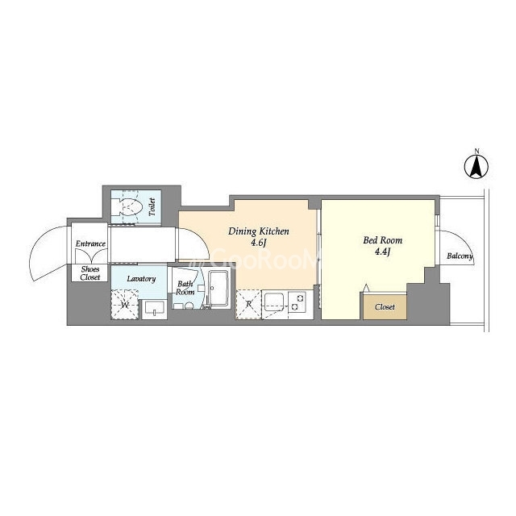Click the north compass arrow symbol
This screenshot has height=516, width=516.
tap(476, 167)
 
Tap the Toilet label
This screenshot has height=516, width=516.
tap(152, 207)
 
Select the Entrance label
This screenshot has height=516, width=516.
tap(90, 243)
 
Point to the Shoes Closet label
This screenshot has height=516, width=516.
tap(90, 273)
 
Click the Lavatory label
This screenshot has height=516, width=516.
tap(141, 279)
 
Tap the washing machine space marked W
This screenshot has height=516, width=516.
tap(125, 305)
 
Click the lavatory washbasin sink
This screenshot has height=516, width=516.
tap(154, 309)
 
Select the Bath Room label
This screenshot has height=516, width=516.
tap(185, 288)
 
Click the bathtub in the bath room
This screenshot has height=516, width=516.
tap(218, 289)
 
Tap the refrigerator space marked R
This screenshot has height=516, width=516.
tap(248, 305)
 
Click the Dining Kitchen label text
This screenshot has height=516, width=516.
tap(259, 231)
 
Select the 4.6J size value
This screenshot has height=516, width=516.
tap(258, 243)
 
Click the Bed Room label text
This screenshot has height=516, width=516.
tap(383, 240)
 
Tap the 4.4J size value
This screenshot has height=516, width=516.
tap(383, 252)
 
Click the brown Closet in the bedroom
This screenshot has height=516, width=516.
tap(385, 306)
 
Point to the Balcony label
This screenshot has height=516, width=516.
tap(460, 256)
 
